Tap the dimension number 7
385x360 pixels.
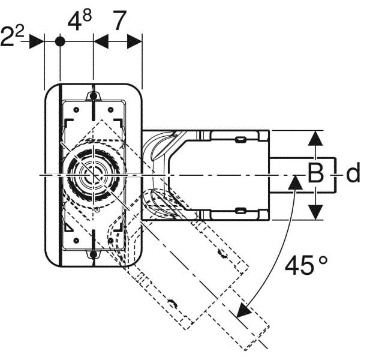119,22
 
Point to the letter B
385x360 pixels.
315,174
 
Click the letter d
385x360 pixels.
353,174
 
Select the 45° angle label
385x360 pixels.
306,265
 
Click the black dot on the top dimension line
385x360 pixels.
60,41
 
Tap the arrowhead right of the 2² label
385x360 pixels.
37,41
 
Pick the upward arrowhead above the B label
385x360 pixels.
315,139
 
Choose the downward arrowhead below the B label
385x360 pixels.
315,211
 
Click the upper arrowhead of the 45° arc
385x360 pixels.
294,183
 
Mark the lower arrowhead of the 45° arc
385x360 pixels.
243,310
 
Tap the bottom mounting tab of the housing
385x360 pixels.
93,256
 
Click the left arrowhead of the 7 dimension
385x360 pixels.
101,41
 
